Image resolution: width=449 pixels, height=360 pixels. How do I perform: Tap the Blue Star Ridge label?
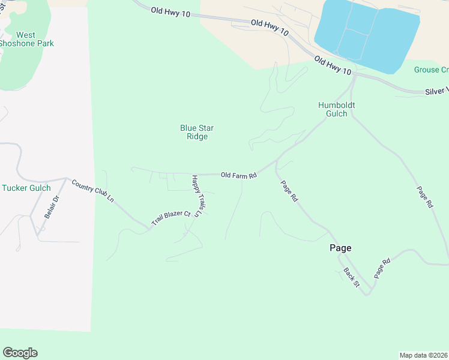click(197, 132)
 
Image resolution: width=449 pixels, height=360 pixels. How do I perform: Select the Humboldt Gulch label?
click(336, 109)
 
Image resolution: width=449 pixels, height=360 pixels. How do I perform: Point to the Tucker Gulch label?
click(26, 188)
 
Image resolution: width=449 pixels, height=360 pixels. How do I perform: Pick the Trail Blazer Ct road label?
click(170, 217)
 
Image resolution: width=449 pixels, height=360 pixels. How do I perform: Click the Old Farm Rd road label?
click(239, 175)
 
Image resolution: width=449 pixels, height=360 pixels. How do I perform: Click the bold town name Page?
click(340, 248)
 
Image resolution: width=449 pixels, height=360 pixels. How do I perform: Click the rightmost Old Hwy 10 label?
click(332, 66)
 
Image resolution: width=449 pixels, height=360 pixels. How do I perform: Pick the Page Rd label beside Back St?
click(382, 268)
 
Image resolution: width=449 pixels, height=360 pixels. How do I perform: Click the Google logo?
click(20, 353)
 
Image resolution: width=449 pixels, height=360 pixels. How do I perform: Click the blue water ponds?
click(366, 35)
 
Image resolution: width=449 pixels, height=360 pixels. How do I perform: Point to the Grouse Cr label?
click(431, 70)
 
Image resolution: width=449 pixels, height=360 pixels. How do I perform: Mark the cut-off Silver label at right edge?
click(436, 91)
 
